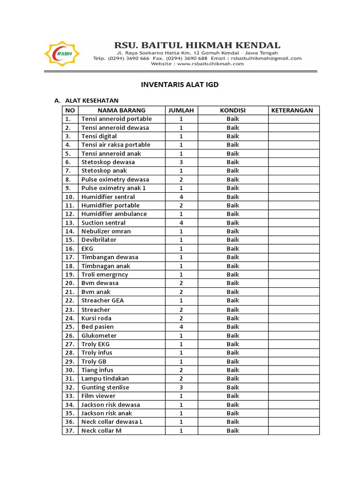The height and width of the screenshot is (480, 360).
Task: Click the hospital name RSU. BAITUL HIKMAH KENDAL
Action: point(198,45)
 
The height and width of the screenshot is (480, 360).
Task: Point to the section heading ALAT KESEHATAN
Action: point(92,100)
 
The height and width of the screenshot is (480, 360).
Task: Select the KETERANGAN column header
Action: point(293,111)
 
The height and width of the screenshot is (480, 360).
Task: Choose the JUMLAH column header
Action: point(181,111)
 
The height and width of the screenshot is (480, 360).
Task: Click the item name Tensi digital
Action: point(99,136)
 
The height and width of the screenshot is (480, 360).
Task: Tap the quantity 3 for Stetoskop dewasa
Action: point(181,162)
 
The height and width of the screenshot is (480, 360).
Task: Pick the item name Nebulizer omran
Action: point(106,231)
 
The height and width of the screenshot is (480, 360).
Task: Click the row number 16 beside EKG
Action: point(70,248)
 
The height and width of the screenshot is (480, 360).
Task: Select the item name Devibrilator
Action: point(99,240)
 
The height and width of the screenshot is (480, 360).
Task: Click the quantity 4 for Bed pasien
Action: point(181,327)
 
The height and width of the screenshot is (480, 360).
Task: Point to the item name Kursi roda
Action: point(96,318)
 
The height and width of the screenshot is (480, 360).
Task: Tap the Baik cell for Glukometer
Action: point(233,336)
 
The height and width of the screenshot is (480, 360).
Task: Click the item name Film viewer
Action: point(98,396)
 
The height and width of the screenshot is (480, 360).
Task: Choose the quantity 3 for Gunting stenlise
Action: point(181,388)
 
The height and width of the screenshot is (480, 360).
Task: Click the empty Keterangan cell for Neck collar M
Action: point(293,431)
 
